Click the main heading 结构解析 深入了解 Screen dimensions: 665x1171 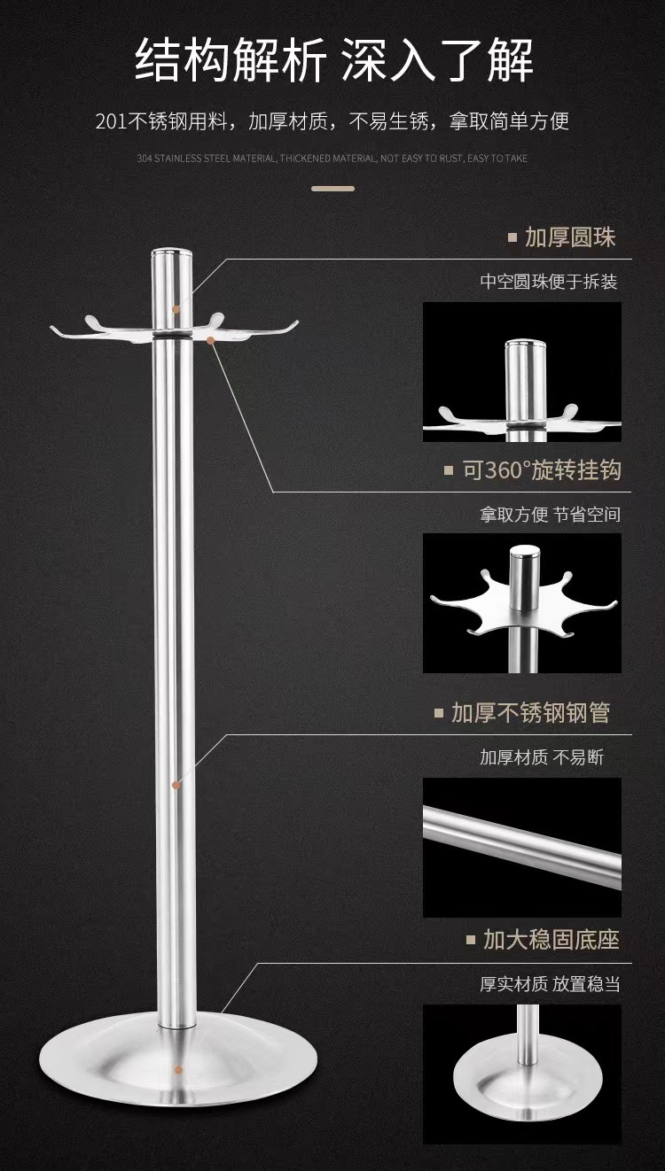[332, 62]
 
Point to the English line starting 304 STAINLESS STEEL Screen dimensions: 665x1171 [332, 159]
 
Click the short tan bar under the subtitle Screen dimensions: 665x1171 [332, 189]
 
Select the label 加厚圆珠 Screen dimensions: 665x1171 [570, 237]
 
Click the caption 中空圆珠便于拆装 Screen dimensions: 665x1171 [549, 282]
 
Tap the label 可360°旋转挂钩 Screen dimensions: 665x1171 [542, 469]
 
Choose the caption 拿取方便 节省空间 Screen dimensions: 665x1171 [550, 515]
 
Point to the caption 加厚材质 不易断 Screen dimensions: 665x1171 [542, 757]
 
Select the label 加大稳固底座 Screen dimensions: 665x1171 [551, 939]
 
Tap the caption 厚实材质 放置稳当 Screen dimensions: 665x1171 [550, 984]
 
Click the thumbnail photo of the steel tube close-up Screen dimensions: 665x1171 [521, 847]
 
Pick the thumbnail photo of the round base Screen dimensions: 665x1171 [521, 1074]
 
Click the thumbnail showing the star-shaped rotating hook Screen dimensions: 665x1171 [521, 602]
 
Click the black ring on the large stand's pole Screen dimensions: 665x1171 [173, 337]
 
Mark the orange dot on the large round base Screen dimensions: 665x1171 [179, 1071]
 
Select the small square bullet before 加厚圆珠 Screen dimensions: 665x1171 [512, 237]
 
